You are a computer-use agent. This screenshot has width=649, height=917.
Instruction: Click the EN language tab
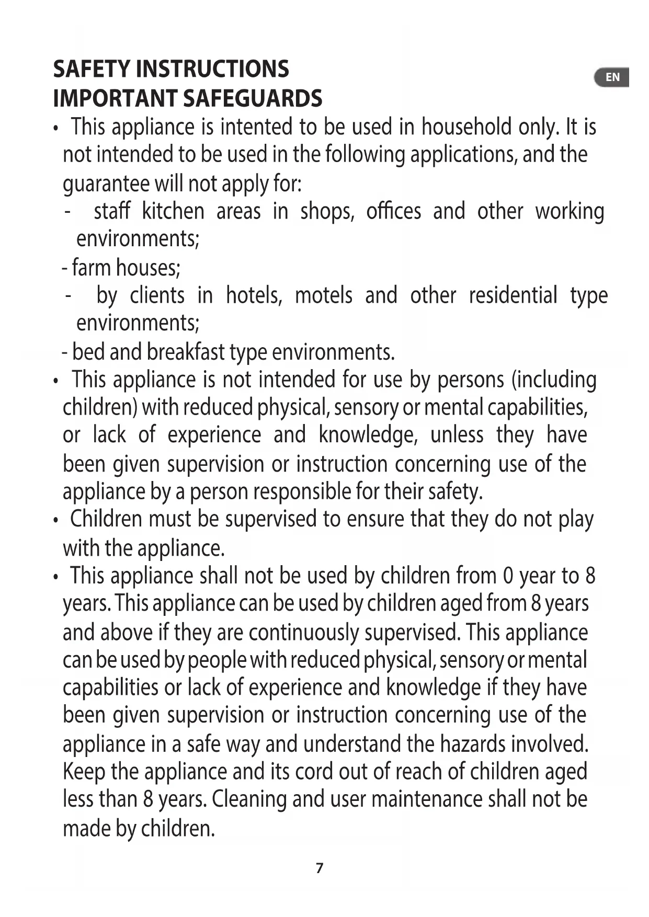coord(612,77)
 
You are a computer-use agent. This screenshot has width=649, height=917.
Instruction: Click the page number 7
coord(320,868)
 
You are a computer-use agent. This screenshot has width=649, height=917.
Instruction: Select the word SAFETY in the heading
coord(92,69)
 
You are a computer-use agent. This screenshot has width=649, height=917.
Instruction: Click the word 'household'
coord(466,127)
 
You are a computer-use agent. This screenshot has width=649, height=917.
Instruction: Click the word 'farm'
coord(92,268)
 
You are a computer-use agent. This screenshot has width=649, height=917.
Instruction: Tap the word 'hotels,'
coord(254,295)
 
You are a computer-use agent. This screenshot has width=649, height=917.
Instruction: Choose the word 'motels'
coord(324,295)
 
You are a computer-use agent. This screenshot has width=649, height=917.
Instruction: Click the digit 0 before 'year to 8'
coord(507,576)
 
